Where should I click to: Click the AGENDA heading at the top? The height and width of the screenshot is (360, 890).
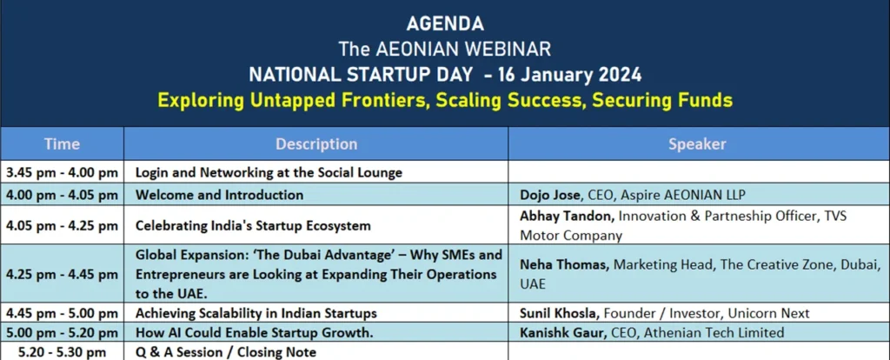445,23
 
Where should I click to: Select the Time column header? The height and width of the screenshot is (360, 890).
62,143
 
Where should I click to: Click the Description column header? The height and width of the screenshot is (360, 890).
316,143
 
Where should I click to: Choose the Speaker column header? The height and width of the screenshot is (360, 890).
697,143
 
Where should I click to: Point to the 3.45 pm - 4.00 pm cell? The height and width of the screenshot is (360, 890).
62,173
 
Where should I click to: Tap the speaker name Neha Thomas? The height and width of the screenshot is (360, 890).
565,264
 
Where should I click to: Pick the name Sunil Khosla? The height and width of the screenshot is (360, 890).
561,313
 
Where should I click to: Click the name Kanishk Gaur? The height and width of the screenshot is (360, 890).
563,333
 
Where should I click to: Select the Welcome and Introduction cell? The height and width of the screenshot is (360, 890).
219,196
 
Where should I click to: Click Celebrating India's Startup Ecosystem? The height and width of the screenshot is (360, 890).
253,226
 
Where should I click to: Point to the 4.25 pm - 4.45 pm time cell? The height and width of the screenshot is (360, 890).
62,275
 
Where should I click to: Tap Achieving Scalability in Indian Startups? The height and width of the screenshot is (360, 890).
256,313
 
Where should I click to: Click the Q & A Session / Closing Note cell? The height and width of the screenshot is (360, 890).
225,352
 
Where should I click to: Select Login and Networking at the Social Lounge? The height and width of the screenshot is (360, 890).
269,173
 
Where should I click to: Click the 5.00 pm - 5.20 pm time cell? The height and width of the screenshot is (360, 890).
62,333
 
